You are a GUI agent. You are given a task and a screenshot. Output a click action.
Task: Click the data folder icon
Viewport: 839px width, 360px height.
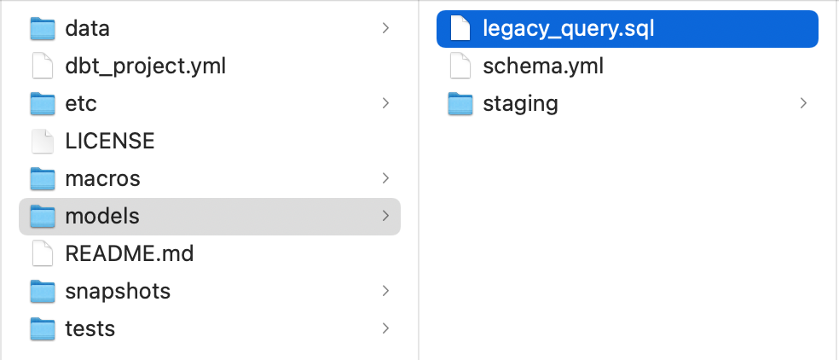tap(43, 29)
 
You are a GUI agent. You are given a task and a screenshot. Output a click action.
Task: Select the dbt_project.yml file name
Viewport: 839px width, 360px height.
tap(145, 67)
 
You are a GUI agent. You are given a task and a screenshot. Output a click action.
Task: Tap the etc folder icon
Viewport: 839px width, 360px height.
tap(43, 104)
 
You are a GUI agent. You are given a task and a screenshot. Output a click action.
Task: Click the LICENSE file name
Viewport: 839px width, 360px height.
tap(109, 142)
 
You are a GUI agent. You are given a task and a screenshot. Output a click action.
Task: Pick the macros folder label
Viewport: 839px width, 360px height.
tap(102, 179)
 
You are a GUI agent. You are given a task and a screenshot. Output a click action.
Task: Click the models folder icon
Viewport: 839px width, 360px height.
tap(43, 217)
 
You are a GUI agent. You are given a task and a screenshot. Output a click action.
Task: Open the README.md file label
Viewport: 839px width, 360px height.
tap(129, 254)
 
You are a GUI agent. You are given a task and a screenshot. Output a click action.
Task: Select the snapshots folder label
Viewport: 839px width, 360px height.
tap(118, 292)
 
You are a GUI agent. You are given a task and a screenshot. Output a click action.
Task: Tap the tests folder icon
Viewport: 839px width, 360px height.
tap(43, 329)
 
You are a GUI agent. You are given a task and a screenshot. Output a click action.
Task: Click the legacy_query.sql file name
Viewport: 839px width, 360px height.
tap(568, 29)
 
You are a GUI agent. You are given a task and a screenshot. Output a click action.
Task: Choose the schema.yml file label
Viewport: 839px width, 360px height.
tap(542, 67)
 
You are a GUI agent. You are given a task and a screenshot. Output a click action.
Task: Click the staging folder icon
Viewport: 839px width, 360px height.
tap(460, 104)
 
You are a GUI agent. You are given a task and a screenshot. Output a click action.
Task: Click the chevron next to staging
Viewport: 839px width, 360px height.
tap(803, 104)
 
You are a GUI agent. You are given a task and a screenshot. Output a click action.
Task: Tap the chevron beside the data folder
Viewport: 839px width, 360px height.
tap(385, 29)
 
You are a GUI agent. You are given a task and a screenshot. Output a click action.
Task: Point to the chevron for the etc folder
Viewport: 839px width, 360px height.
tap(385, 104)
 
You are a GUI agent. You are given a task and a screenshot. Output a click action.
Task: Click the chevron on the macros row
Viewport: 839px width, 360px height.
tap(385, 179)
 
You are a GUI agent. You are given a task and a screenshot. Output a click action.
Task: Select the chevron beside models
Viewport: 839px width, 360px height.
tap(385, 217)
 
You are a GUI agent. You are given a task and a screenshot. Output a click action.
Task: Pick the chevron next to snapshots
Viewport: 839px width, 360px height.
tap(385, 292)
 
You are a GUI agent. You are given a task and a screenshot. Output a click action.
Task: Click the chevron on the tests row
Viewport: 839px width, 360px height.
tap(385, 329)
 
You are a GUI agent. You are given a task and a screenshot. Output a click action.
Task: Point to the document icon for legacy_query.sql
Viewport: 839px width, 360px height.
tap(460, 29)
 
